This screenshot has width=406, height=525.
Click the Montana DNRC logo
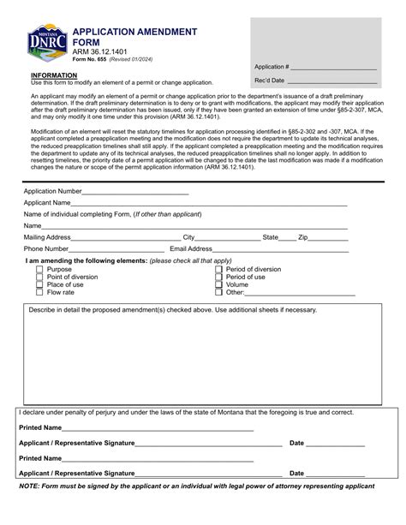tap(45, 44)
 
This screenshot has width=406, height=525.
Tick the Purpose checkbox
tap(39, 269)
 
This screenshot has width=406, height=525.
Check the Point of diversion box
tap(39, 277)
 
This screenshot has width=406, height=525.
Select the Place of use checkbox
tap(39, 284)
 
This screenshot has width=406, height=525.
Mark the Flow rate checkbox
tap(39, 292)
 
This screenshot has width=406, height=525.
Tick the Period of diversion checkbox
tap(218, 269)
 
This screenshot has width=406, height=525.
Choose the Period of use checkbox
tap(218, 277)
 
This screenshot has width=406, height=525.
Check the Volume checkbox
tap(218, 284)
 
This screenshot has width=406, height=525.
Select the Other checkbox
tap(218, 292)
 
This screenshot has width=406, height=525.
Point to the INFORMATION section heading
tap(53, 75)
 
